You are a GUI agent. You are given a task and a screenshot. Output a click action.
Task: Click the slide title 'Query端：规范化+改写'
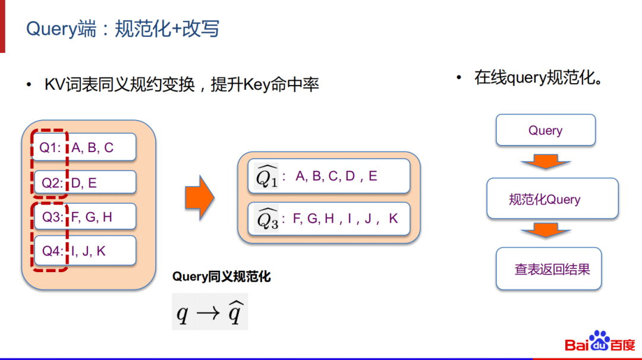point(122,28)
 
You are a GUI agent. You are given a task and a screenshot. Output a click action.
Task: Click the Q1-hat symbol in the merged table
point(266,176)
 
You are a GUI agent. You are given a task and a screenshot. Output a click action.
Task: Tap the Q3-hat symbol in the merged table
point(267,219)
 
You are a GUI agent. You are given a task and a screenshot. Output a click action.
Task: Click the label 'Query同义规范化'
point(221,276)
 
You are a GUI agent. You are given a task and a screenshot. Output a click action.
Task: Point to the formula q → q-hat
point(210,312)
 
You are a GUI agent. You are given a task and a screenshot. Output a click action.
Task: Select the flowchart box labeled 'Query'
point(545,130)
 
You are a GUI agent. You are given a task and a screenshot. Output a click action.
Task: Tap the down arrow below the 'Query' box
point(545,161)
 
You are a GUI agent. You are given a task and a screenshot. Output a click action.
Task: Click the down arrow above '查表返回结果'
point(545,230)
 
